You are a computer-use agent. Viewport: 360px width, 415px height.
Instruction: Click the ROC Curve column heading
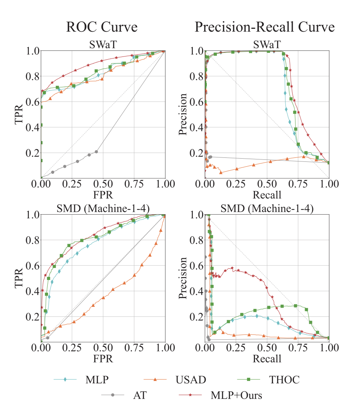[x=102, y=27]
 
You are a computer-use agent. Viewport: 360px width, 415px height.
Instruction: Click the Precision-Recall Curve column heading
[x=265, y=27]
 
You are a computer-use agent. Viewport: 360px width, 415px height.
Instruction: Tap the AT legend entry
[x=140, y=395]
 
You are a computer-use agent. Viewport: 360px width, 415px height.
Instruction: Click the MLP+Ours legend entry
[x=237, y=395]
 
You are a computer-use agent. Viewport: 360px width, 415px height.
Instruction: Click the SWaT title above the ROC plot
[x=103, y=44]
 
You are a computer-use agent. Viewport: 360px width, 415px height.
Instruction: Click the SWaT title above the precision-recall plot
[x=267, y=44]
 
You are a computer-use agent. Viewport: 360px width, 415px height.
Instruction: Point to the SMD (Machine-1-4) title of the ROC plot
[x=103, y=208]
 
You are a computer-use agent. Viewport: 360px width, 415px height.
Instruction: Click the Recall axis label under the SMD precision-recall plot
[x=267, y=359]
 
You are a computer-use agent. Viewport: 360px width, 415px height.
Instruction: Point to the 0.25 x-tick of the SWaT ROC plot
[x=72, y=184]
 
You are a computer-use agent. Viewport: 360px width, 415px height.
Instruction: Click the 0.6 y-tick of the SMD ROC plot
[x=32, y=266]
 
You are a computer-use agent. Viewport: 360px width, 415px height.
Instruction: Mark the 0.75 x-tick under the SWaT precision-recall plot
[x=298, y=184]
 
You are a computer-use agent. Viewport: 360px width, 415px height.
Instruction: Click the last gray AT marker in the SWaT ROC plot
[x=96, y=152]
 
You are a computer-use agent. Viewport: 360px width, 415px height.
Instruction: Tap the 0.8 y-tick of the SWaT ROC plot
[x=32, y=76]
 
